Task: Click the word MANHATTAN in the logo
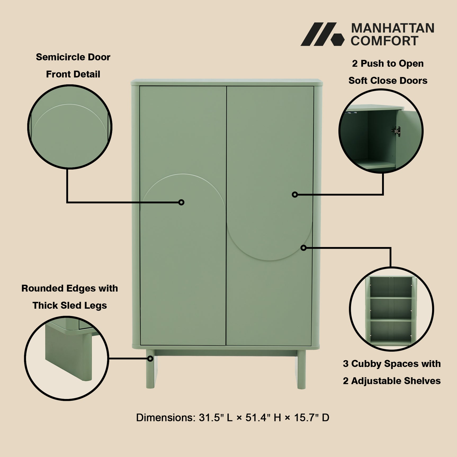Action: pyautogui.click(x=392, y=28)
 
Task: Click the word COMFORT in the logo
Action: pyautogui.click(x=384, y=41)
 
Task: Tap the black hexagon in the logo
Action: pyautogui.click(x=337, y=40)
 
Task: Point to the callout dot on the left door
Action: pyautogui.click(x=181, y=202)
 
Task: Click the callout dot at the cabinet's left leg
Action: pyautogui.click(x=150, y=359)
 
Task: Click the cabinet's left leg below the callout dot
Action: pyautogui.click(x=150, y=376)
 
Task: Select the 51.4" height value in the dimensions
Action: pyautogui.click(x=258, y=418)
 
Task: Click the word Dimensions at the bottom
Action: pyautogui.click(x=165, y=418)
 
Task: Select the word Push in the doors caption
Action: pyautogui.click(x=373, y=64)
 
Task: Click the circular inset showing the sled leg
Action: pyautogui.click(x=67, y=358)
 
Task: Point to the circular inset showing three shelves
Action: pyautogui.click(x=391, y=309)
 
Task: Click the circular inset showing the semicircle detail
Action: pyautogui.click(x=70, y=127)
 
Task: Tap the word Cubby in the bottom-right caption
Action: pyautogui.click(x=366, y=364)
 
